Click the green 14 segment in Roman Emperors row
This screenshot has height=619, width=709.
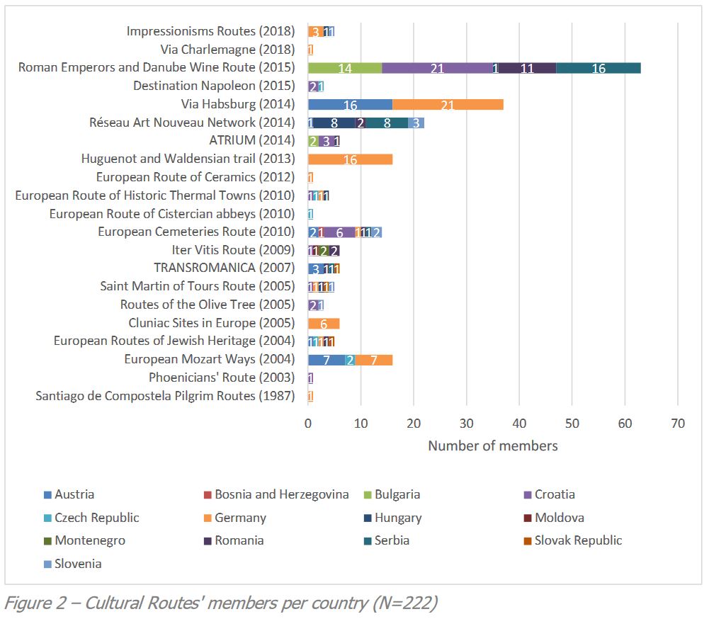pyautogui.click(x=344, y=68)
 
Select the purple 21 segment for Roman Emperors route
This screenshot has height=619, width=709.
pyautogui.click(x=436, y=68)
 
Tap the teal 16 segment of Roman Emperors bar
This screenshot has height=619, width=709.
pyautogui.click(x=599, y=68)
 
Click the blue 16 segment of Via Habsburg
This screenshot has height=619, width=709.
pyautogui.click(x=350, y=105)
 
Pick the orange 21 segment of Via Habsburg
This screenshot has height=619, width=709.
pyautogui.click(x=448, y=105)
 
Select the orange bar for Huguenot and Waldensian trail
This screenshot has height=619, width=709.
pyautogui.click(x=350, y=159)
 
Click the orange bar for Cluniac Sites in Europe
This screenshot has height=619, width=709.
pyautogui.click(x=324, y=323)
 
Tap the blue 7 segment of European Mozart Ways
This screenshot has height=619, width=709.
pyautogui.click(x=326, y=360)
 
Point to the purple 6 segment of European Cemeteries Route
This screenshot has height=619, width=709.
pyautogui.click(x=339, y=232)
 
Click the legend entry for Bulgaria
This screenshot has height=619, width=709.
pyautogui.click(x=397, y=494)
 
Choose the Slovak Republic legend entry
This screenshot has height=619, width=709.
pyautogui.click(x=578, y=540)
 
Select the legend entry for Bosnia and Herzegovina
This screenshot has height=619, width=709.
pyautogui.click(x=281, y=494)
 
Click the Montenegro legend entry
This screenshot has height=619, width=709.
pyautogui.click(x=90, y=540)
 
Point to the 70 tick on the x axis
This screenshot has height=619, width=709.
pyautogui.click(x=678, y=424)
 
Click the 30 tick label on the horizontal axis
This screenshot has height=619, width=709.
pyautogui.click(x=466, y=424)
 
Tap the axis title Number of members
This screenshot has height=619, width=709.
pyautogui.click(x=492, y=446)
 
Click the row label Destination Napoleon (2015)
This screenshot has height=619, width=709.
pyautogui.click(x=214, y=86)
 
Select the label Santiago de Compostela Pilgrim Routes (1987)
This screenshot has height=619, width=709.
pyautogui.click(x=165, y=396)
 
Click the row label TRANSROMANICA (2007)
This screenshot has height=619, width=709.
pyautogui.click(x=224, y=268)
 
